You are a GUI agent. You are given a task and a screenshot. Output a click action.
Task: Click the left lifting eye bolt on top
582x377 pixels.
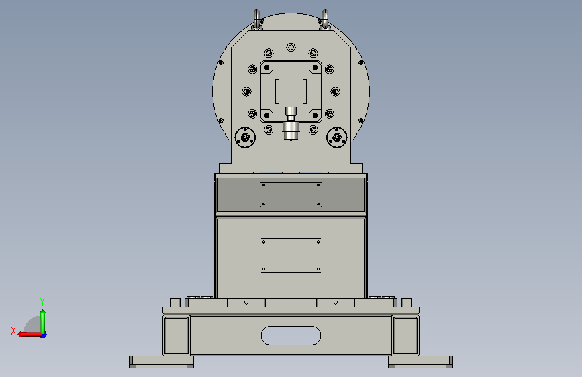[257, 19]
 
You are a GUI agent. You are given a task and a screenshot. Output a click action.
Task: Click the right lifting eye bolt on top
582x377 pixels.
[325, 19]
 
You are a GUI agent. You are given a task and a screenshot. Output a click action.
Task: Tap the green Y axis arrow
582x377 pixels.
[43, 321]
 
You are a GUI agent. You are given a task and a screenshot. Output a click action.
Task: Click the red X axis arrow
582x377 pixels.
[30, 334]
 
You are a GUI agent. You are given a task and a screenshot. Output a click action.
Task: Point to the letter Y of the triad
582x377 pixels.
[42, 301]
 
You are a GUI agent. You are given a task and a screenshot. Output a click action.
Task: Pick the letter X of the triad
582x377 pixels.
[13, 331]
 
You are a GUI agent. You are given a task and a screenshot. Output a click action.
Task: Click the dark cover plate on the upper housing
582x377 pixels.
[291, 195]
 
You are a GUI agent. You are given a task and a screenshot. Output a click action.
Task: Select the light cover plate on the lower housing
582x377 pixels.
[291, 256]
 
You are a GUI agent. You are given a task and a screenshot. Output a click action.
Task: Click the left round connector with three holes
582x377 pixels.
[245, 138]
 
